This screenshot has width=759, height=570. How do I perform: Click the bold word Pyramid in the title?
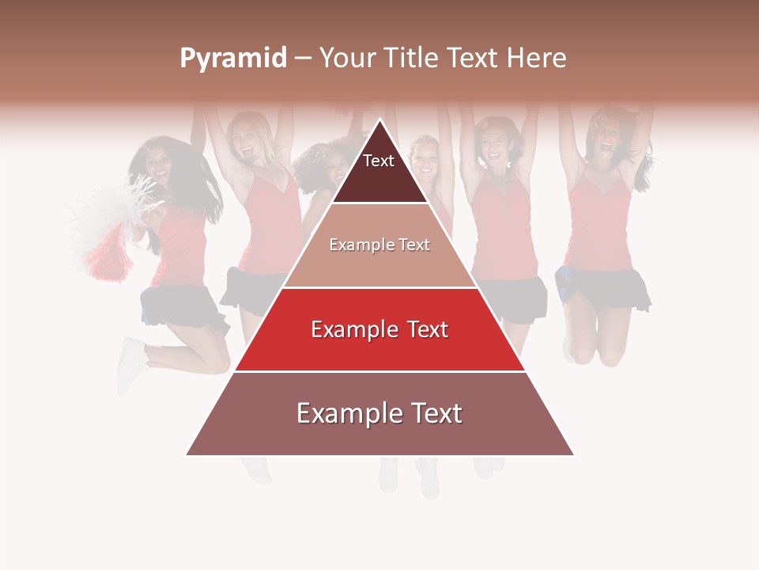tap(233, 59)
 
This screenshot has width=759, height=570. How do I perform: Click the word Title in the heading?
tap(413, 59)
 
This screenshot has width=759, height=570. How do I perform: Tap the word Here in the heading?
tap(536, 59)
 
